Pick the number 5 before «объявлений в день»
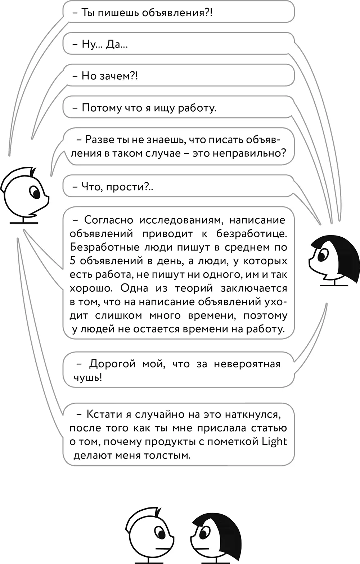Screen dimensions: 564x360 pyautogui.click(x=73, y=261)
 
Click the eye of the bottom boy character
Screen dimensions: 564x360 pyautogui.click(x=159, y=532)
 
